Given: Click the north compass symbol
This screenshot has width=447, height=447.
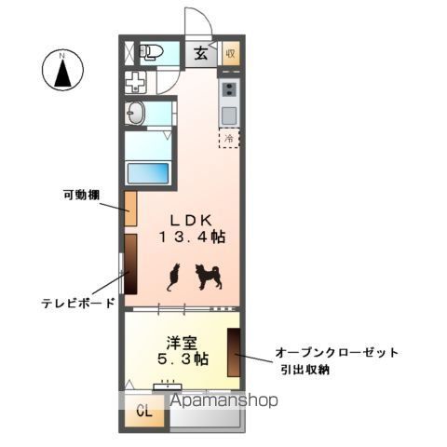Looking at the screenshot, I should click(x=63, y=71).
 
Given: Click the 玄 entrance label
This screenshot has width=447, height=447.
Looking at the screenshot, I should click(x=201, y=52).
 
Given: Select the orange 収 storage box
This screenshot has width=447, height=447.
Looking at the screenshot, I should click(x=231, y=53).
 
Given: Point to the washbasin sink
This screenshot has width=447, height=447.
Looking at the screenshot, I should click(x=136, y=115).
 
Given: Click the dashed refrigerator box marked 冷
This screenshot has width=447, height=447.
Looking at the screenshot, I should click(x=229, y=135).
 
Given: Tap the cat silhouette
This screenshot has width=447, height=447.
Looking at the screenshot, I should click(x=172, y=278).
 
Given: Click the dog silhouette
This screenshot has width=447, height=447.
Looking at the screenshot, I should click(x=207, y=276).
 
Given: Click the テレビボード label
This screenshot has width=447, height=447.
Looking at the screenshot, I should click(x=79, y=303).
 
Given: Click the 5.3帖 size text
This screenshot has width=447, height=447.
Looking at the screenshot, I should click(x=182, y=359).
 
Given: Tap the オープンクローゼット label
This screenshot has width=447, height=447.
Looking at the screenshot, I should click(x=336, y=352).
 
